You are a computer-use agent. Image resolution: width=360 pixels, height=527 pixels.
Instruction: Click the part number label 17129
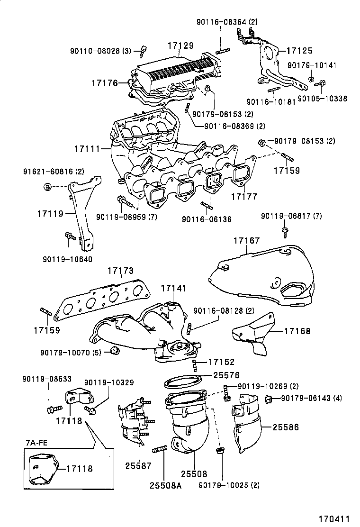(x=180, y=45)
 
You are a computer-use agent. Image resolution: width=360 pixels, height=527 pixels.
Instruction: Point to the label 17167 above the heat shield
(x=246, y=241)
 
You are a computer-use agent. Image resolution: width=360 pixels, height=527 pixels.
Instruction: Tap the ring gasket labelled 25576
(x=182, y=381)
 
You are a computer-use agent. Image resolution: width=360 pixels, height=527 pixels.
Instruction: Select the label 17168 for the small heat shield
(x=297, y=331)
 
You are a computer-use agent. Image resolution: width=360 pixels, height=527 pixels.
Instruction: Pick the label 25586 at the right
(x=286, y=427)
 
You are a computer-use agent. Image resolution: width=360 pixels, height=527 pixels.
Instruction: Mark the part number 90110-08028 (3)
(x=100, y=51)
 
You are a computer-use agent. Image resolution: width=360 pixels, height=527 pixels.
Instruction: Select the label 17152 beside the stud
(x=221, y=362)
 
